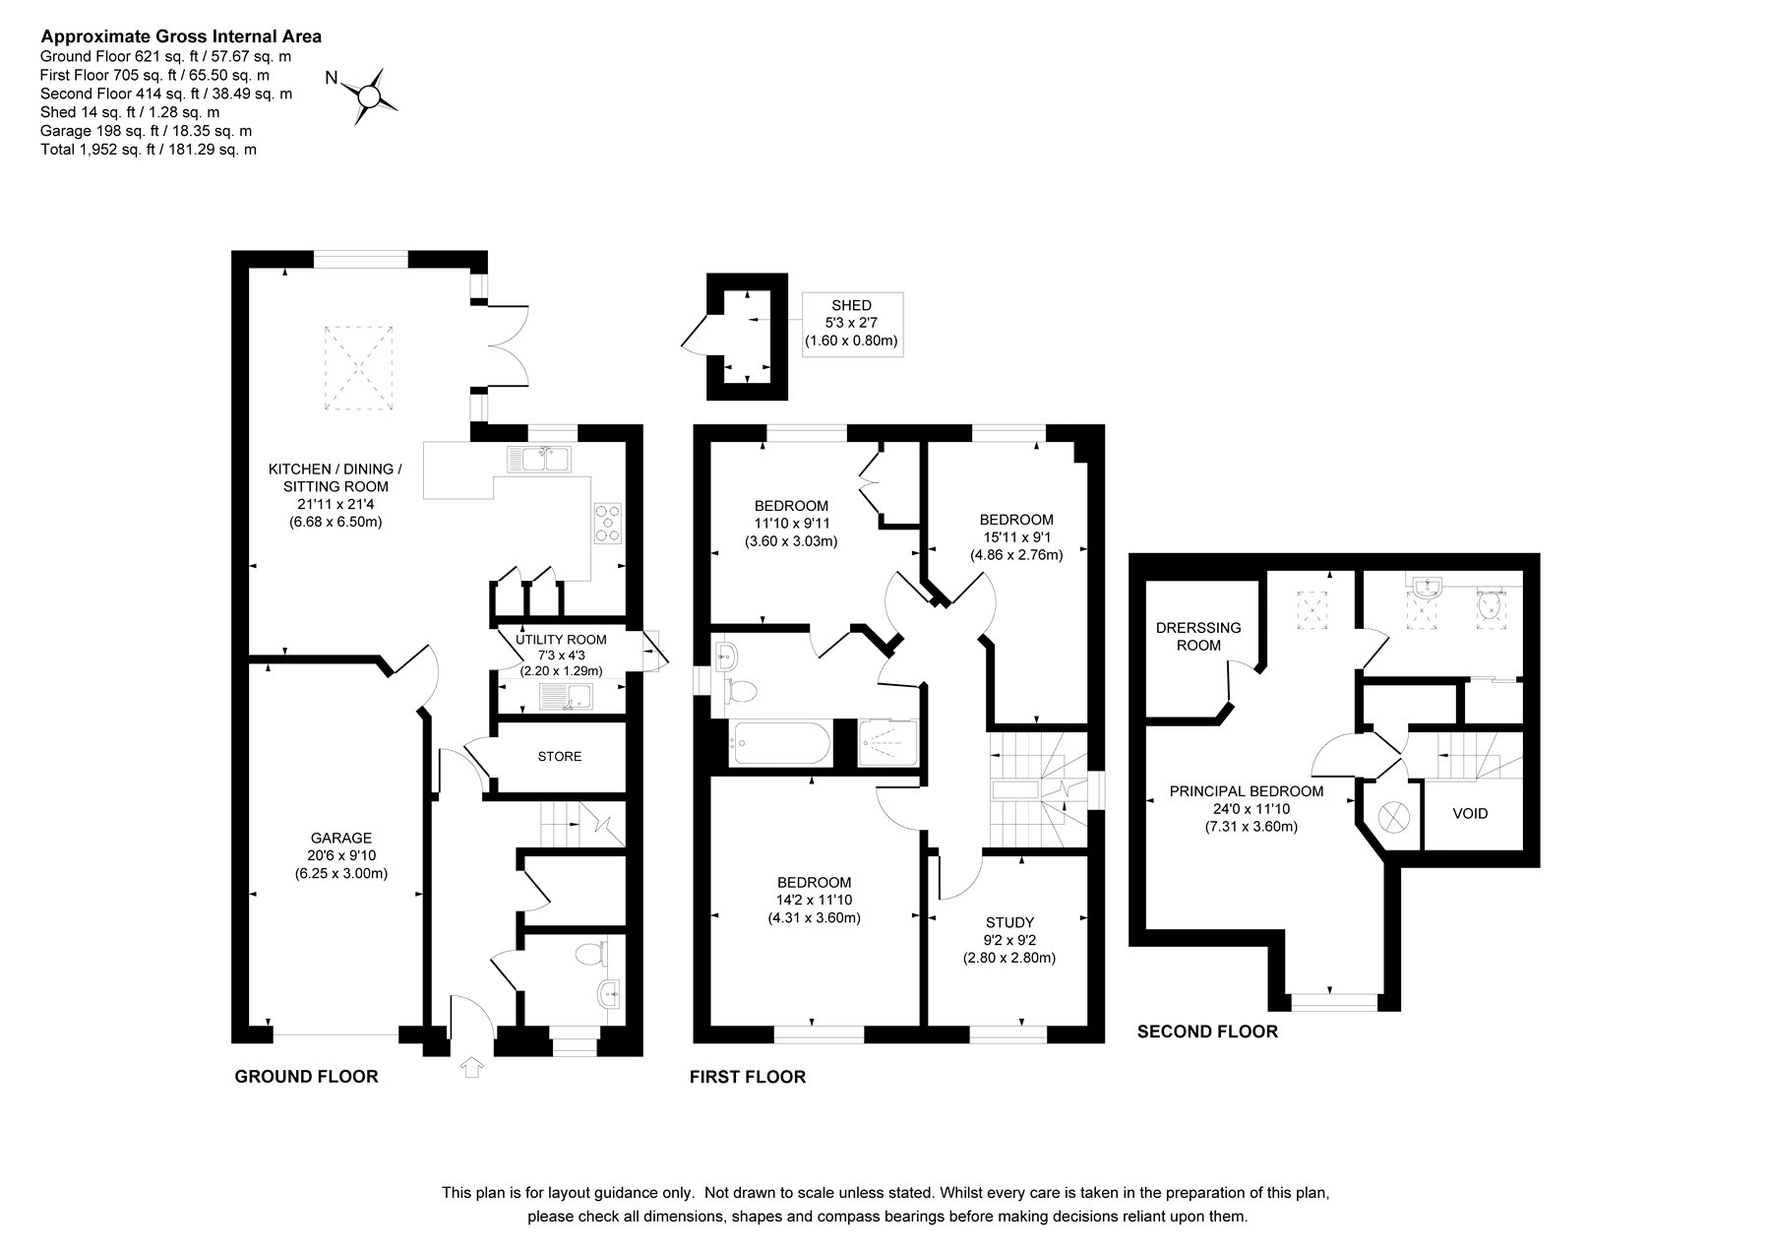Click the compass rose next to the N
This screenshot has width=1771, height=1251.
point(368,95)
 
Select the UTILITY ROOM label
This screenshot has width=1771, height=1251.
point(561,640)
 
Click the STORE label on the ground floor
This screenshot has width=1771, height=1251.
point(560,756)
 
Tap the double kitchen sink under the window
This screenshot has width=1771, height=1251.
point(539,459)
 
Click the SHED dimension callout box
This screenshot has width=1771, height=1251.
point(852,324)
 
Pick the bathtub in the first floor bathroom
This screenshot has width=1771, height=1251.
point(779,743)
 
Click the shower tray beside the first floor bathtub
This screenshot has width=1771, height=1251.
point(888,743)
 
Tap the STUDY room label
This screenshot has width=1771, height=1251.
point(1009,922)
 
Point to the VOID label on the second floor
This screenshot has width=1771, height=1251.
point(1470,814)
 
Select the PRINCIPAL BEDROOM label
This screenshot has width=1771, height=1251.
point(1246,790)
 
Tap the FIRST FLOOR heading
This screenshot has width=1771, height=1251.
point(748,1077)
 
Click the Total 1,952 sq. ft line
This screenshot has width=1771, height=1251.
point(148,150)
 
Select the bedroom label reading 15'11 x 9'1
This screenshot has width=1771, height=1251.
point(1016,536)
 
